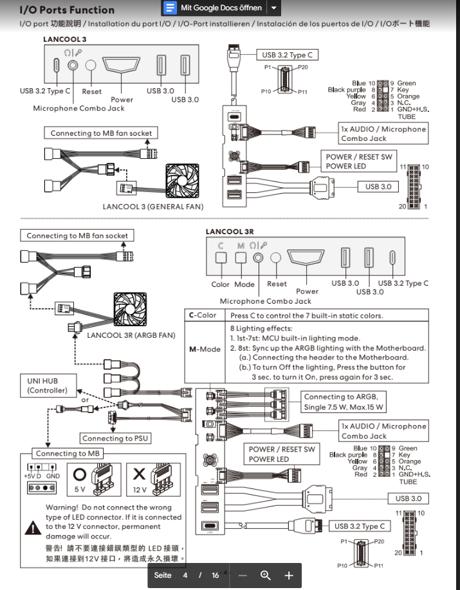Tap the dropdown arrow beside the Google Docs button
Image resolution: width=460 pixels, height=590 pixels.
[274, 8]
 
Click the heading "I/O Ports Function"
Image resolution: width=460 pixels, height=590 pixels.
[67, 10]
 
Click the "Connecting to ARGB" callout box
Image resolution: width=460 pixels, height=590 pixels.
[344, 402]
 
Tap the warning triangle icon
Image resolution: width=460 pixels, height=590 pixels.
[32, 527]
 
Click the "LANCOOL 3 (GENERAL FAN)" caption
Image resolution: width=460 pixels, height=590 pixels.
[153, 207]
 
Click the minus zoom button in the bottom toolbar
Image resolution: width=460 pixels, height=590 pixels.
[243, 575]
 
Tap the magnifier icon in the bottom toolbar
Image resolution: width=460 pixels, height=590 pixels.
[265, 575]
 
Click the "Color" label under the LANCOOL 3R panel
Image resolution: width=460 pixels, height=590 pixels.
[221, 284]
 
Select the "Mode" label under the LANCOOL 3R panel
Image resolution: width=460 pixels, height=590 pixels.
[244, 284]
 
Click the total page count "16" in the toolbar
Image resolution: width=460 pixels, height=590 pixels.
[215, 575]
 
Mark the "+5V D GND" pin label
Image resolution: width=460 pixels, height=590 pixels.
[41, 475]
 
